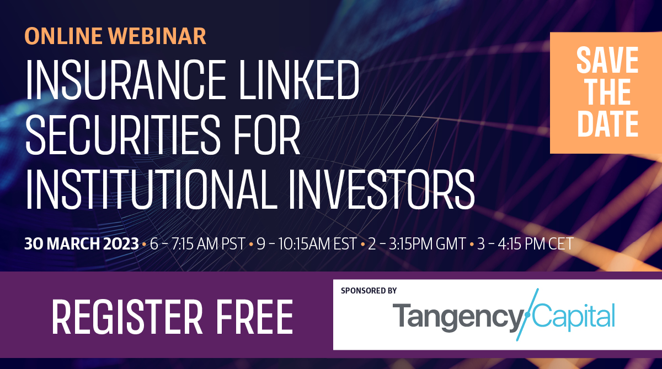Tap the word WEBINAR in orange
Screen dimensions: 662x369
pyautogui.click(x=157, y=36)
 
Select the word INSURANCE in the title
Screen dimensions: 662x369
pyautogui.click(x=126, y=80)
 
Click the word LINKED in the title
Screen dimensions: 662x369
pyautogui.click(x=299, y=80)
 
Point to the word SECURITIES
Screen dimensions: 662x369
pyautogui.click(x=123, y=134)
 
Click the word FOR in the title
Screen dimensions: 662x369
pyautogui.click(x=268, y=134)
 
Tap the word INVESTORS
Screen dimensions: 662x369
pyautogui.click(x=382, y=189)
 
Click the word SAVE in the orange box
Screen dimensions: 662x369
pyautogui.click(x=607, y=60)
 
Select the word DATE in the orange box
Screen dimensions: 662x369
pyautogui.click(x=607, y=123)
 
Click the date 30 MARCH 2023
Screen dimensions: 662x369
pyautogui.click(x=82, y=244)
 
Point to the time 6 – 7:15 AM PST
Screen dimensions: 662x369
pyautogui.click(x=197, y=244)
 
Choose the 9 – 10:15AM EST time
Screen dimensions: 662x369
pyautogui.click(x=307, y=244)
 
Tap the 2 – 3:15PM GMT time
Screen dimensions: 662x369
pyautogui.click(x=417, y=244)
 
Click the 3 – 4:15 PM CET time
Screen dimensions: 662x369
pyautogui.click(x=525, y=244)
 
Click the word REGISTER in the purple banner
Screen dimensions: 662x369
pyautogui.click(x=127, y=317)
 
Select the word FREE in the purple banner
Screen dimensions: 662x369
pyautogui.click(x=254, y=317)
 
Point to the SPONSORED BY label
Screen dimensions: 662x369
pyautogui.click(x=369, y=291)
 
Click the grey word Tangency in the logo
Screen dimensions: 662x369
pyautogui.click(x=458, y=318)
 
